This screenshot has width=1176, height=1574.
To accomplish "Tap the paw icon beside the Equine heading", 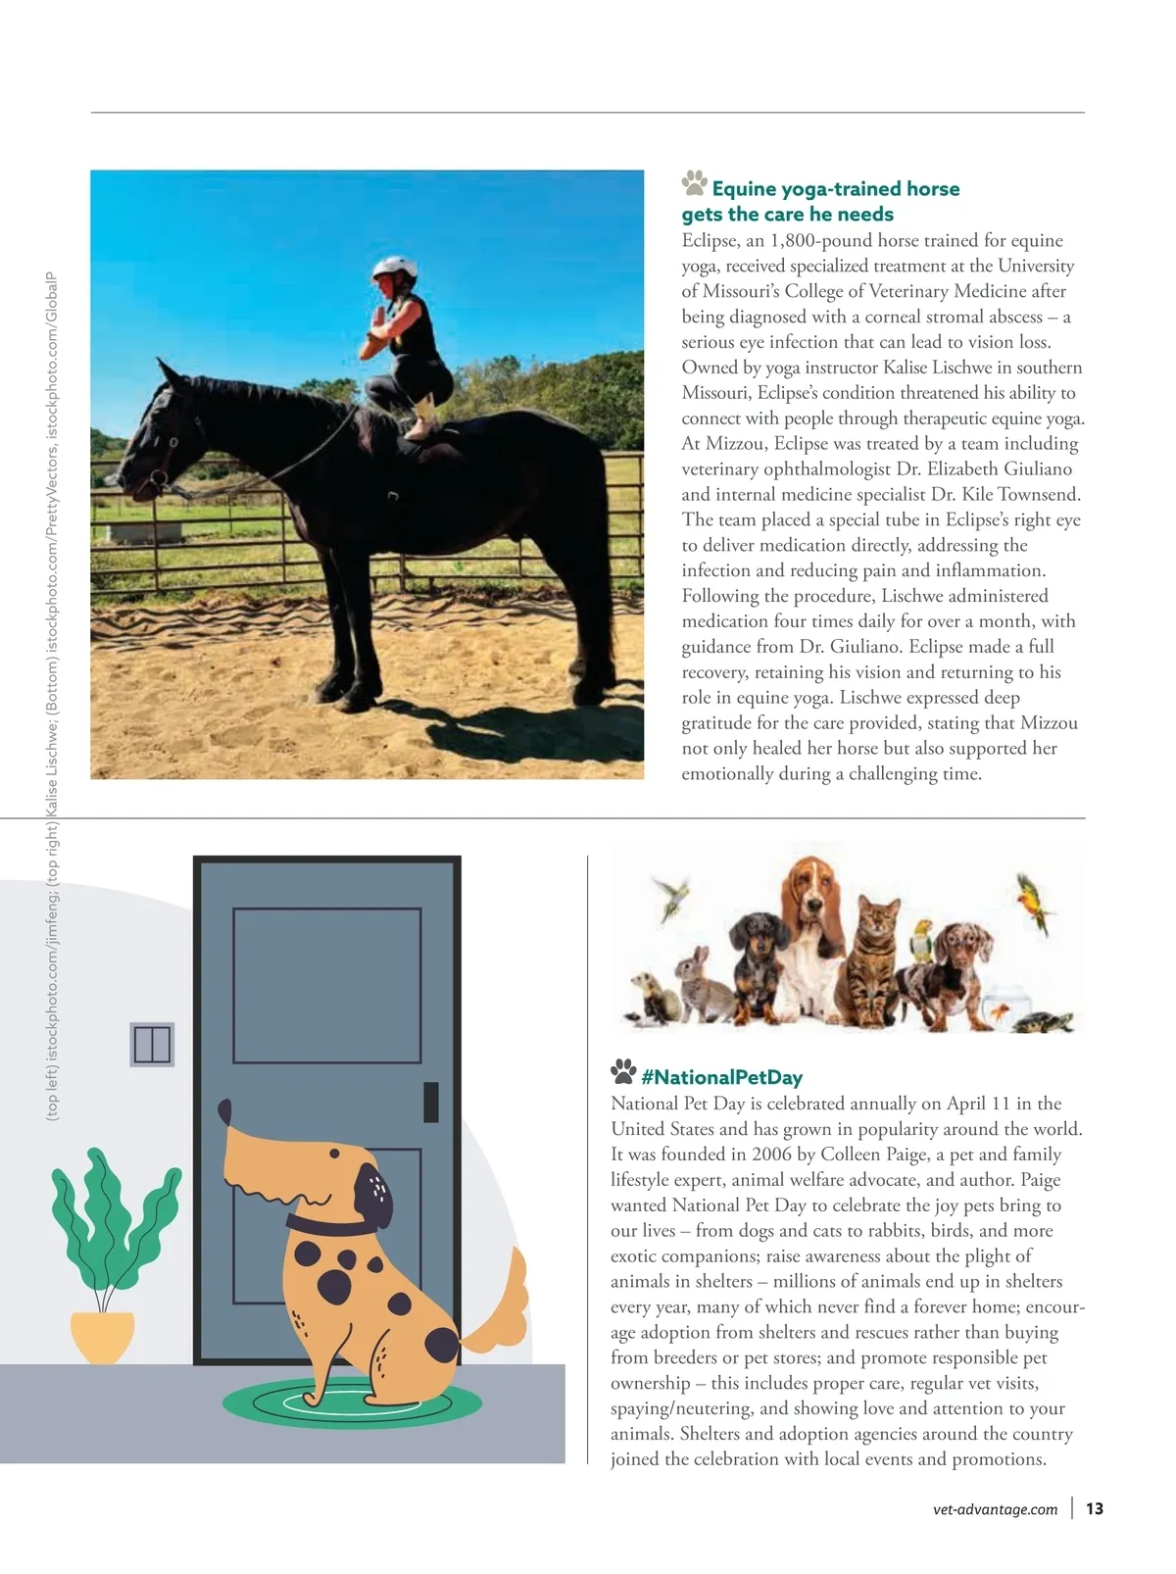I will pyautogui.click(x=694, y=183).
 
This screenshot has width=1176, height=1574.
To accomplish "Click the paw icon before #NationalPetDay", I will pyautogui.click(x=622, y=1071).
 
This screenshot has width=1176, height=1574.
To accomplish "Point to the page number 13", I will pyautogui.click(x=1095, y=1508).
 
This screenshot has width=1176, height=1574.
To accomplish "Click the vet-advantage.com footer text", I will pyautogui.click(x=996, y=1509).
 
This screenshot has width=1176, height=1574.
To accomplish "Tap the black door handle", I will pyautogui.click(x=430, y=1102).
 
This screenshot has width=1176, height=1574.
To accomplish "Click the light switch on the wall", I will pyautogui.click(x=152, y=1044).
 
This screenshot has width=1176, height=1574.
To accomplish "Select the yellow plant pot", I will pyautogui.click(x=103, y=1337).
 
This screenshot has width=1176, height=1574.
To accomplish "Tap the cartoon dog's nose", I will pyautogui.click(x=224, y=1112).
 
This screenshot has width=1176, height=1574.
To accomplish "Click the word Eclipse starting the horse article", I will pyautogui.click(x=710, y=241).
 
